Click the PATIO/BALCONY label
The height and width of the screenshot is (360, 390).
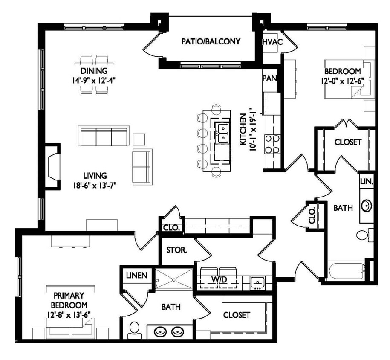211,41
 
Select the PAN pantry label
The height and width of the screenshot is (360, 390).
270,78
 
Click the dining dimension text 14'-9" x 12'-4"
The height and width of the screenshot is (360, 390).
94,79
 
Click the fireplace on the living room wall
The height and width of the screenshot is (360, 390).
53,166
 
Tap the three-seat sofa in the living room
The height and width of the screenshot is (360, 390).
104,136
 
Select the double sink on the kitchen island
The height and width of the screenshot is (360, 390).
222,133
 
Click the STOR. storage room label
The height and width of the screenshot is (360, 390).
176,250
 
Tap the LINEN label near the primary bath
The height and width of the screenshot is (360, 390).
137,275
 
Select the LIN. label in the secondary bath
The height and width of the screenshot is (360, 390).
367,181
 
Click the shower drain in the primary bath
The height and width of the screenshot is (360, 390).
174,280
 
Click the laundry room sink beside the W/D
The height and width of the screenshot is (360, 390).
257,282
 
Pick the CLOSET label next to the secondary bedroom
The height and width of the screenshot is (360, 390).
348,142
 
